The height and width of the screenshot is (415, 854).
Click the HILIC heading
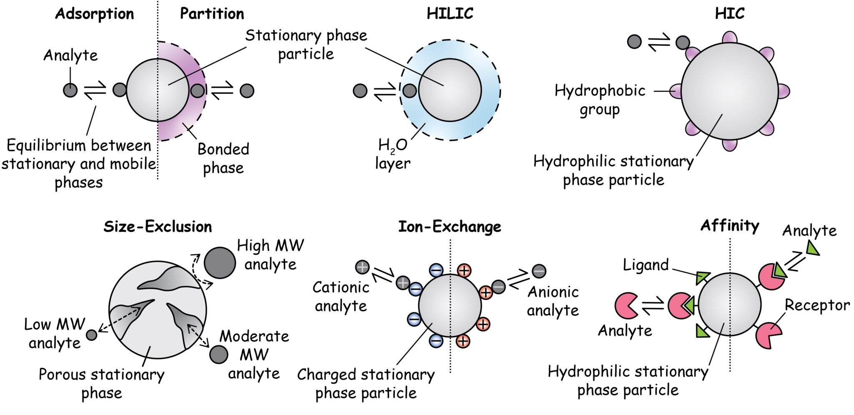pos(450,14)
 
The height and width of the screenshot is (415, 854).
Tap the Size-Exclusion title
pos(158,227)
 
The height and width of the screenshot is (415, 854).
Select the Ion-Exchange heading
pos(450,227)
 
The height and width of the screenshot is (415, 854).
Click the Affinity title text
pos(729,226)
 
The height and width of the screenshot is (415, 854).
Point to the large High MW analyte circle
pos(220,263)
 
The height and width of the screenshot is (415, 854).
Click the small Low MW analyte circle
pos(92,335)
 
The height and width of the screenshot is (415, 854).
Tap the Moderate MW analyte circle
pos(219,355)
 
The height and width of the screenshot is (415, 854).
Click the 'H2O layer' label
pos(392,154)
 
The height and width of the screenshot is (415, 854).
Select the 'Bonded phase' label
pos(224,158)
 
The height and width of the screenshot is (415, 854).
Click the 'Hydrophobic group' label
pos(600,100)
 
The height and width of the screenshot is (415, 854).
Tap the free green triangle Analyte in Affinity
pos(811,249)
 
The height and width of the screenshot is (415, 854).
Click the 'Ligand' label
pos(646,265)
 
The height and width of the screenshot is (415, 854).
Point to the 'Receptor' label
pos(817,305)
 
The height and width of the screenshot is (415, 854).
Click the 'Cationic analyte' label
pos(341,297)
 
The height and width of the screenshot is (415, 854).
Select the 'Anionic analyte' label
pos(553,301)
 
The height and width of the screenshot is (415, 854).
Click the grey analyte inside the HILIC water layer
pos(409,91)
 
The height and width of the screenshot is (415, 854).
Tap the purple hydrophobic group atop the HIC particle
pos(729,38)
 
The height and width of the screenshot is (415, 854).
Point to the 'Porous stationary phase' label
pos(101,383)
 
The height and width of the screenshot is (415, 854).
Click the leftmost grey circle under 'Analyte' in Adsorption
pos(70,90)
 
